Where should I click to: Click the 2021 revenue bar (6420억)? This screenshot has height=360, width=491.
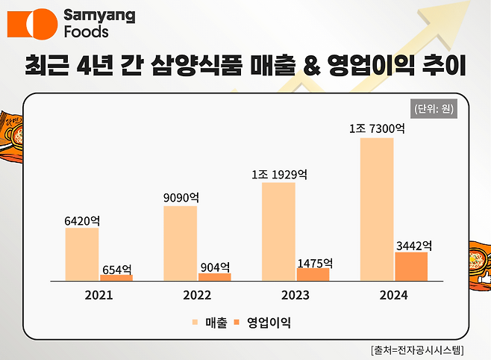coord(81,254)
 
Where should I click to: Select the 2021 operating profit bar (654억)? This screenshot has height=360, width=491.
coord(116,277)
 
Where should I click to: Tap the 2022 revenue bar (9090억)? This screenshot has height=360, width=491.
coord(180,243)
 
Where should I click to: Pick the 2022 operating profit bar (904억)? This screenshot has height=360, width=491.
coord(214,276)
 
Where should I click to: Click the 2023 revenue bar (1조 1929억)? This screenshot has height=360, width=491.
coord(278,231)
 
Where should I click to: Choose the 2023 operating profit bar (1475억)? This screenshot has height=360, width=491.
coord(313,274)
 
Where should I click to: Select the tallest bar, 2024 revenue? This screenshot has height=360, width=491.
coord(376,208)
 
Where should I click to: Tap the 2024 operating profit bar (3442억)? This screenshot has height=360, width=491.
coord(411,266)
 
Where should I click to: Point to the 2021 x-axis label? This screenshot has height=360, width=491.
coord(98,295)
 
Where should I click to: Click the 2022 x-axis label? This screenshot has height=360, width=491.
coord(197,295)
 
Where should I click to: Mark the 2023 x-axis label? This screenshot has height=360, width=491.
coord(295,295)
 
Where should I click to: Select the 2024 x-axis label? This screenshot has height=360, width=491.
coord(393,295)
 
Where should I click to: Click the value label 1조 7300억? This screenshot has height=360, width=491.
coord(377,129)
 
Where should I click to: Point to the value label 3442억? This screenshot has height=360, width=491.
coord(412,244)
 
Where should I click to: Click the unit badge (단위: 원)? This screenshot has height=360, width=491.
coord(434,108)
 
